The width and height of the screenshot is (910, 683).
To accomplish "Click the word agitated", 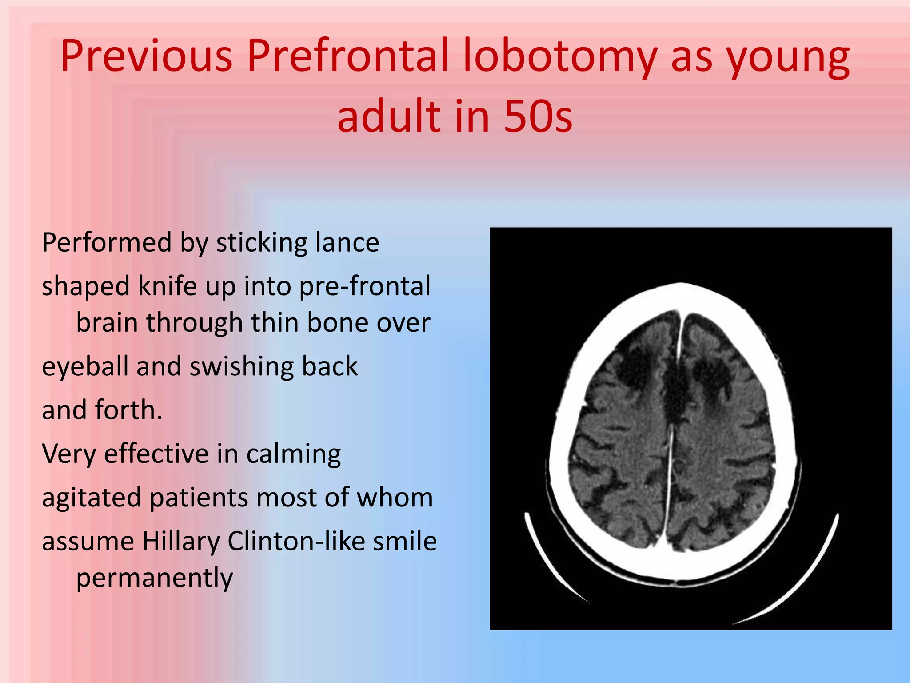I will point(91,498).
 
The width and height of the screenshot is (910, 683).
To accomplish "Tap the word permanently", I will point(154,578).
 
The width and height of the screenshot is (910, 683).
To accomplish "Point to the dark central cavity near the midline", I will point(675,391).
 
